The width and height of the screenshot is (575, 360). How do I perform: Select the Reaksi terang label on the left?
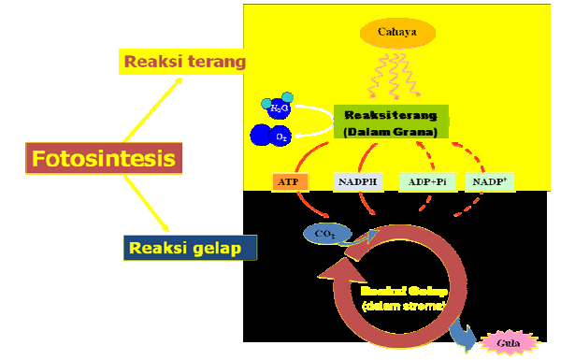(183, 62)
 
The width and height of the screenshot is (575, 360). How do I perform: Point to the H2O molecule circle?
(280, 108)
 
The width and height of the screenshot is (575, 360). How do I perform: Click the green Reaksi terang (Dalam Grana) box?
(392, 122)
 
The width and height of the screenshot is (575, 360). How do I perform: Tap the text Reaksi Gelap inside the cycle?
(403, 291)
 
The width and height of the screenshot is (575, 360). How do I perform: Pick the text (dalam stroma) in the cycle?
(403, 305)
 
